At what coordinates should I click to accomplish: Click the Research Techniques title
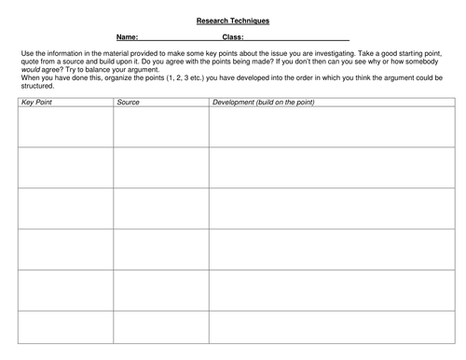[233, 20]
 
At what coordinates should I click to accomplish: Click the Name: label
[128, 38]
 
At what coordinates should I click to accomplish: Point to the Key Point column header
[35, 101]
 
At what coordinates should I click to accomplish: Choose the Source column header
[129, 101]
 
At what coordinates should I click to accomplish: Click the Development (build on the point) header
[263, 101]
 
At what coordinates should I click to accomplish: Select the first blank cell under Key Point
[64, 127]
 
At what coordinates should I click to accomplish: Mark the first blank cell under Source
[160, 127]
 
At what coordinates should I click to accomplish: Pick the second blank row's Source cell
[160, 168]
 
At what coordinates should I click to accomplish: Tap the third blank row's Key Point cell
[64, 208]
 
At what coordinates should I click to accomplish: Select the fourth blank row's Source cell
[160, 249]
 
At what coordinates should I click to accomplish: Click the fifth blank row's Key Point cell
[64, 290]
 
